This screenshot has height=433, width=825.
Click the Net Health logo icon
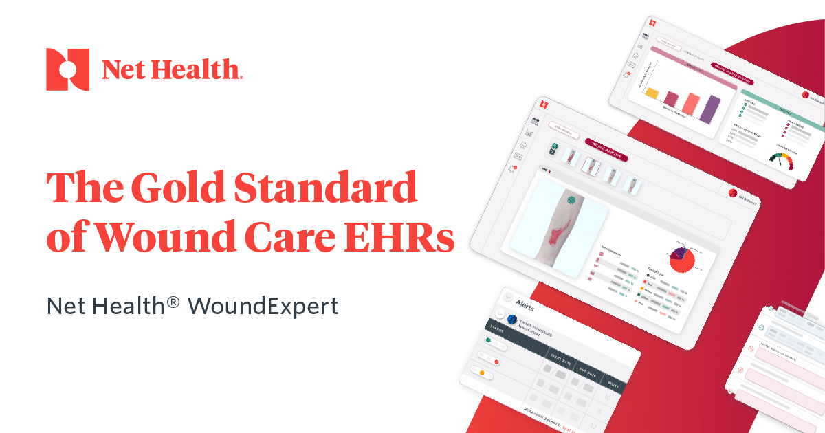[x=67, y=69]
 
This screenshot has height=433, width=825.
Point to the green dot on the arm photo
[x=571, y=200]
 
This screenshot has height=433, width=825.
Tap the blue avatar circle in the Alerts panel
[x=511, y=319]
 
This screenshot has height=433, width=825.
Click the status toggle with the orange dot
[x=480, y=372]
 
